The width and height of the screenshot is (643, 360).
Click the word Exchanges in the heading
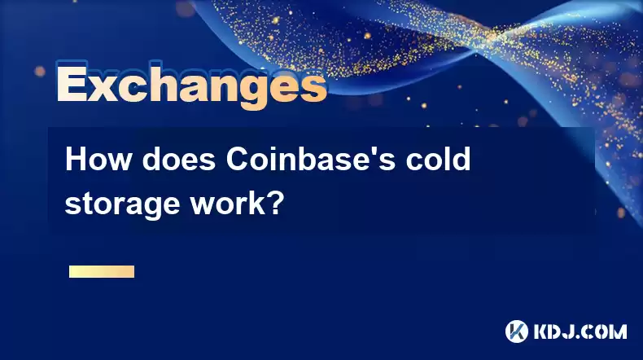pyautogui.click(x=191, y=85)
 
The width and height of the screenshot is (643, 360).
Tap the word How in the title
pyautogui.click(x=98, y=160)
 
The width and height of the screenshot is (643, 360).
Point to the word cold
pyautogui.click(x=439, y=160)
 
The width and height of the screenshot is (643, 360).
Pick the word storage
pyautogui.click(x=122, y=204)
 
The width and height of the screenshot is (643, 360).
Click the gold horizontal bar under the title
pyautogui.click(x=102, y=271)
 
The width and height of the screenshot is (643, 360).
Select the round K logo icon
pyautogui.click(x=517, y=331)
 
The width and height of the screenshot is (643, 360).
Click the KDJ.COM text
pyautogui.click(x=580, y=331)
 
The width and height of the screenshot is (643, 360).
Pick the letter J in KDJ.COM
pyautogui.click(x=568, y=331)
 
